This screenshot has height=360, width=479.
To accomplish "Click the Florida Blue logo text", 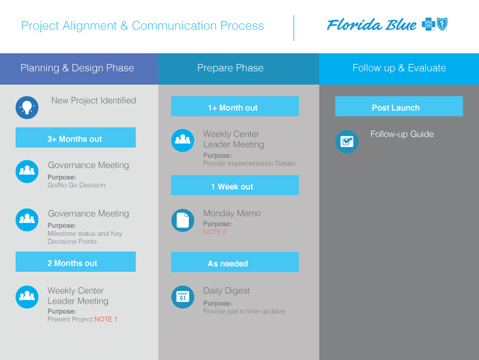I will click(372, 25).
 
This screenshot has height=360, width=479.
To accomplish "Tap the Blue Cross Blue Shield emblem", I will click(435, 25).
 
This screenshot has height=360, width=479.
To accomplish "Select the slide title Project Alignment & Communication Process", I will click(143, 26).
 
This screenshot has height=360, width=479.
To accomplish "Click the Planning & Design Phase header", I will click(77, 68).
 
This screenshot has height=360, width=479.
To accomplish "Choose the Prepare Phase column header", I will click(230, 68).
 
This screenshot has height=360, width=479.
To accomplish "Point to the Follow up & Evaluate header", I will click(399, 68).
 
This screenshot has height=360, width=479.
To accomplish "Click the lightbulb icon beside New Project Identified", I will click(27, 107).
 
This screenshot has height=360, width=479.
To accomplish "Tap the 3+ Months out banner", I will click(75, 139).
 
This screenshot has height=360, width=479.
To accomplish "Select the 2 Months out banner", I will click(75, 263).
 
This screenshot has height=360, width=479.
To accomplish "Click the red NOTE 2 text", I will click(215, 232).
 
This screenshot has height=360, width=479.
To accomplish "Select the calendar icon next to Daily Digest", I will click(183, 297).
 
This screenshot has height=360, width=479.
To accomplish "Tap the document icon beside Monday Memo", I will click(183, 220).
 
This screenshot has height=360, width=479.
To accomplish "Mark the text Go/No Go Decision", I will click(76, 185).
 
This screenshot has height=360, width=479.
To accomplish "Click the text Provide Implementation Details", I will click(249, 163).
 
